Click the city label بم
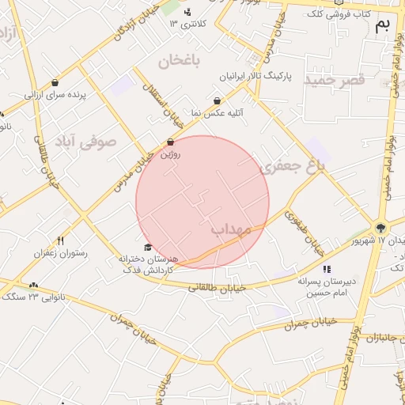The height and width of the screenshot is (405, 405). pos(383,25)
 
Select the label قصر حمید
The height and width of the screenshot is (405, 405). pos(337,81)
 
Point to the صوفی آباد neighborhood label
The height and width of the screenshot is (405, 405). pos(85,142)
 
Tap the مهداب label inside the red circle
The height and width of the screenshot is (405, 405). pos(230,229)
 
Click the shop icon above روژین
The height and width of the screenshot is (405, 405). pos(171,142)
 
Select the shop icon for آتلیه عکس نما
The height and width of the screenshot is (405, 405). pos(218,100)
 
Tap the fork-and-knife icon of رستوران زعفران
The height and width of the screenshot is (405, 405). pos(60,240)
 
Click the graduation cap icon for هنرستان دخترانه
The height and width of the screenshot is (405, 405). pos(147,248)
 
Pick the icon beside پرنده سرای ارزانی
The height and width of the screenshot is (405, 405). pos(55,82)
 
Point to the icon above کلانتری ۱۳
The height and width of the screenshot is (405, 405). pos(187,11)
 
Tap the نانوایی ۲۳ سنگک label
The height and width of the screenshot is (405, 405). pos(32,297)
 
